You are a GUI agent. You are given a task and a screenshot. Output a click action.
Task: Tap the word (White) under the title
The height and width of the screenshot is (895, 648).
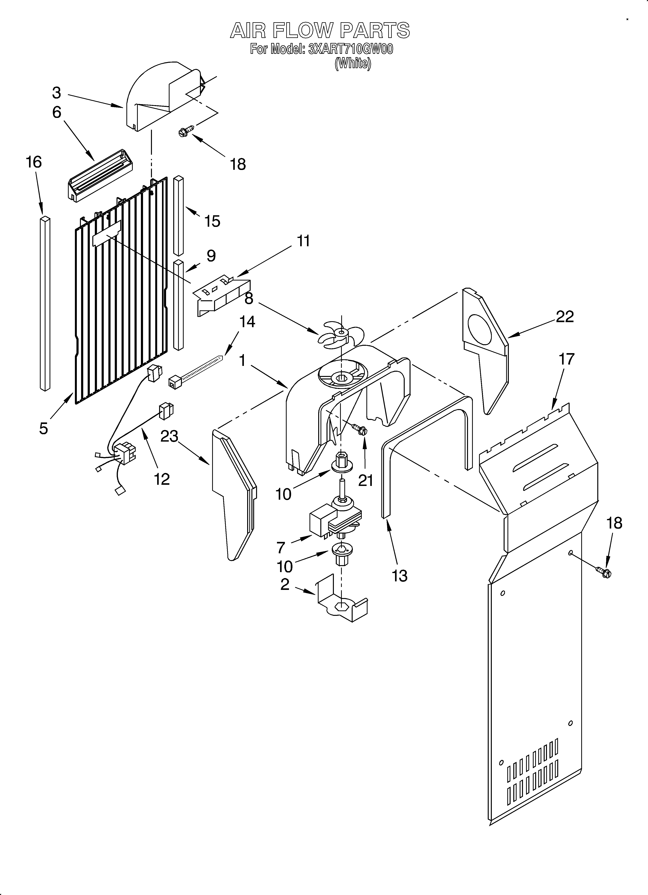(x=353, y=63)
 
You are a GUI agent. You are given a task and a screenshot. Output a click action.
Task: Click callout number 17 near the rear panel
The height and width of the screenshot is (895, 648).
(x=566, y=359)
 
